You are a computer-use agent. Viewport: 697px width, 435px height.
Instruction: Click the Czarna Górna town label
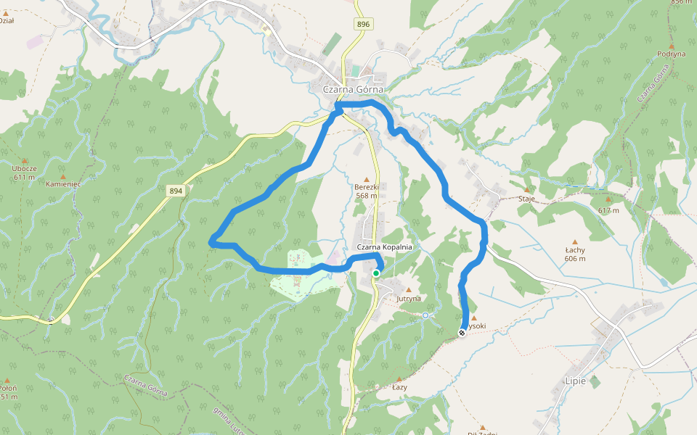[353, 89]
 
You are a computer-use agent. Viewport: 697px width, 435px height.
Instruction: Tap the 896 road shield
[364, 25]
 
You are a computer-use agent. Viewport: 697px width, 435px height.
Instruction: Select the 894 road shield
[175, 191]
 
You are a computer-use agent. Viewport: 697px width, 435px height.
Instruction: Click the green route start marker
[376, 273]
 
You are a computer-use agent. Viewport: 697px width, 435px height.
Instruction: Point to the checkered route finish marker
[462, 333]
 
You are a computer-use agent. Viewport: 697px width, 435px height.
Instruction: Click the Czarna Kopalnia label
[384, 247]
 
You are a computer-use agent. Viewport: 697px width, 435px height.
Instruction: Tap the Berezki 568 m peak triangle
[367, 179]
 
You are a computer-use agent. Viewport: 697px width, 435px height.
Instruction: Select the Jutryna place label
[409, 298]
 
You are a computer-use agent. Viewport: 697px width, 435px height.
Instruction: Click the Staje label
[526, 199]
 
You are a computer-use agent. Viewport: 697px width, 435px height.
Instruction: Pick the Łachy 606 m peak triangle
[575, 242]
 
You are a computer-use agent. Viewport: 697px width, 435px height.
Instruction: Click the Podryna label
[671, 54]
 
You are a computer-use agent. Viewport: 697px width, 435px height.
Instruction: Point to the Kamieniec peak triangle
[62, 177]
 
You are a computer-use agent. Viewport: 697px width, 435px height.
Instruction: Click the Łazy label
[399, 387]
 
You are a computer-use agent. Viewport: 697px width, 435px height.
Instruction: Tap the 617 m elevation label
[608, 210]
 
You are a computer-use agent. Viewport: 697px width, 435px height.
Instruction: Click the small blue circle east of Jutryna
[425, 315]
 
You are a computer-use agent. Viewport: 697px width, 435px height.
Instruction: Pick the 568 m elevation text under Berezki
[367, 195]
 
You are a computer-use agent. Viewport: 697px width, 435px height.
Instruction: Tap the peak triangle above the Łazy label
[398, 378]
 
